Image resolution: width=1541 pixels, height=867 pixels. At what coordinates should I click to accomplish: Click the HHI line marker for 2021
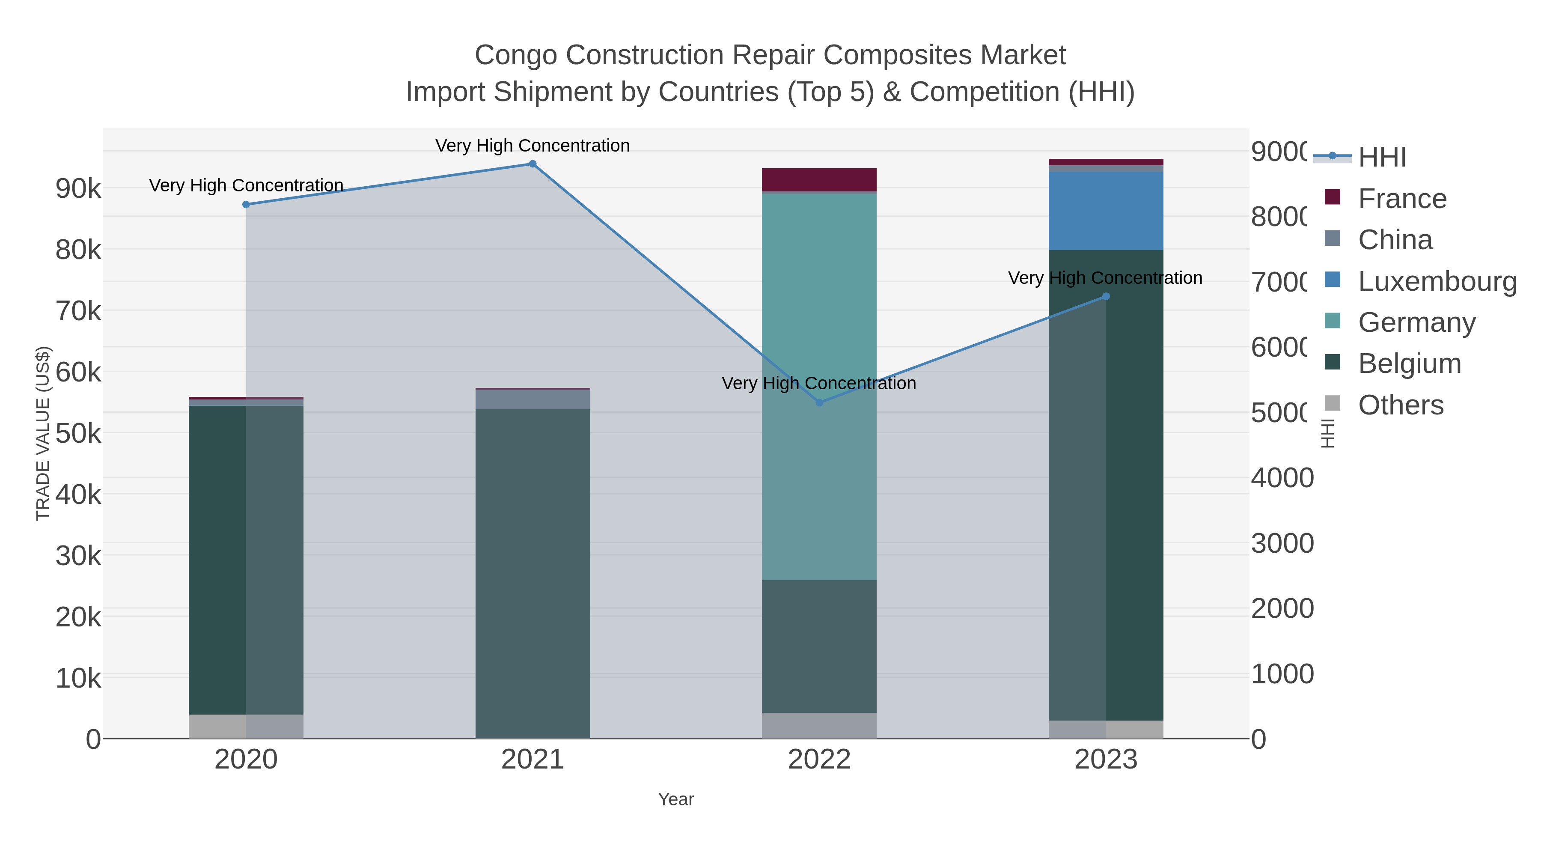point(533,164)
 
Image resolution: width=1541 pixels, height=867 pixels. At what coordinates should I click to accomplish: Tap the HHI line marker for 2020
point(246,205)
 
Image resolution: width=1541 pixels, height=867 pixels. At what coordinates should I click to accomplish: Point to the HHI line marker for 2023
point(1106,296)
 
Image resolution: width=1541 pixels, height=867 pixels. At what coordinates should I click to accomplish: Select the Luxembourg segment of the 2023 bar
point(1106,211)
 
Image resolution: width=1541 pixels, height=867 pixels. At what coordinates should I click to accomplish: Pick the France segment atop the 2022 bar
point(819,179)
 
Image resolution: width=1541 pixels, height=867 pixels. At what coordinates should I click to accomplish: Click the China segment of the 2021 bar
point(533,399)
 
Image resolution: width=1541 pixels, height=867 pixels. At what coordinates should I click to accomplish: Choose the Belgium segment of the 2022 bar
point(819,646)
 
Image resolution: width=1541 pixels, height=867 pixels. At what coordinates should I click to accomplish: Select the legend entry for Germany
point(1416,322)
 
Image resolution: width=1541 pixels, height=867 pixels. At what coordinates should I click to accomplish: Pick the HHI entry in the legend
point(1382,158)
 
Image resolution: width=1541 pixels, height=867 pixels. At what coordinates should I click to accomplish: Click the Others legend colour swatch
point(1333,404)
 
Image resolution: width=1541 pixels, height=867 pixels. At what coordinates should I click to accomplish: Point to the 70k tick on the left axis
point(78,311)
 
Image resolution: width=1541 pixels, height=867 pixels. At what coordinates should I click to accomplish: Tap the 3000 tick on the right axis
point(1282,543)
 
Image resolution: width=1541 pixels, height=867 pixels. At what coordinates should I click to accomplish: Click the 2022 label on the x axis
point(819,760)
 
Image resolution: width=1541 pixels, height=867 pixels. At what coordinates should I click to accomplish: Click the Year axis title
point(676,799)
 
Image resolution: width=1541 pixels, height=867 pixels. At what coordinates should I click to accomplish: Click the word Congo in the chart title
point(516,55)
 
